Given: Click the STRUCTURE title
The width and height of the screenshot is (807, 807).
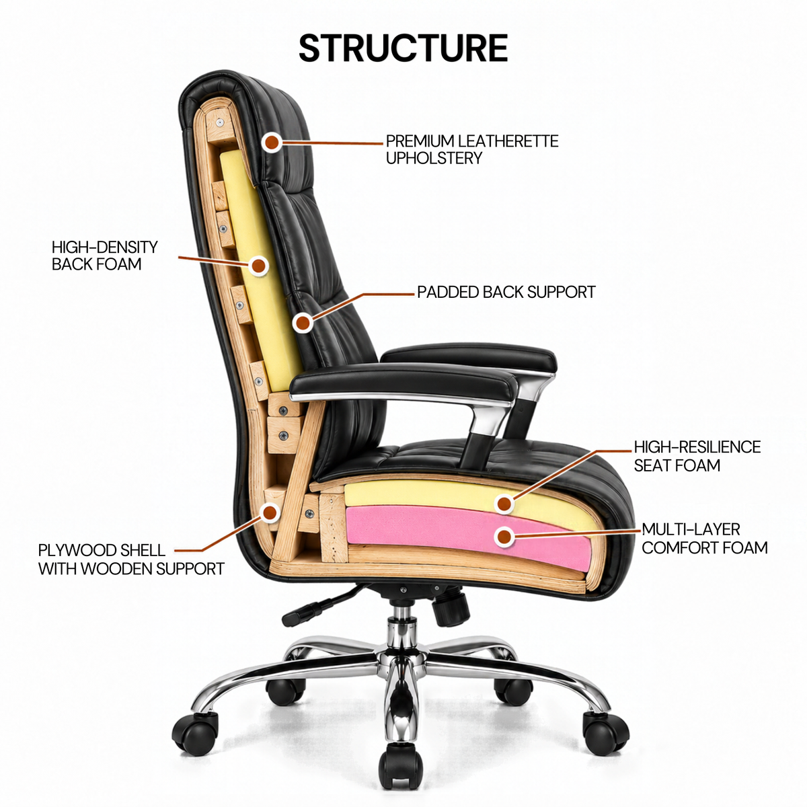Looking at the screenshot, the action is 403,48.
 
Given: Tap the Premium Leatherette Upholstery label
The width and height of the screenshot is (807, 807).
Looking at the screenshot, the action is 472,149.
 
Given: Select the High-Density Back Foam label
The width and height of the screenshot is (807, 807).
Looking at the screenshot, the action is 105,256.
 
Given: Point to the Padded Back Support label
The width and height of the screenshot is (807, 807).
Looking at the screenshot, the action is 506,292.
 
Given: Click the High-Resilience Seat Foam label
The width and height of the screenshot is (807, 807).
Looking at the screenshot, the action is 697,456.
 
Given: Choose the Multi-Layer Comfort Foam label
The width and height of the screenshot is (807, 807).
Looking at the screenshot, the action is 705,539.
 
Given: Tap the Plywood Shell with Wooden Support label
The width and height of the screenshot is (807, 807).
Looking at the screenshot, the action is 132,560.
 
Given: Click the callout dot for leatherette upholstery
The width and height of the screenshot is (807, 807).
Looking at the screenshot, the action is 272,143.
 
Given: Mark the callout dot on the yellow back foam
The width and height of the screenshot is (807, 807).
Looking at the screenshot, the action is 259,266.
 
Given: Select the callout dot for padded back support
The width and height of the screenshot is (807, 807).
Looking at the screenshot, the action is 303,323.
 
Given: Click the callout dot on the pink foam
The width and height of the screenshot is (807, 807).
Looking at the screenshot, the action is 504,536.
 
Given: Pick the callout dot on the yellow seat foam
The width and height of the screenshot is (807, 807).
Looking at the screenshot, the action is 504,504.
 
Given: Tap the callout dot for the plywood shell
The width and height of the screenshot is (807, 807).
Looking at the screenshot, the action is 270,512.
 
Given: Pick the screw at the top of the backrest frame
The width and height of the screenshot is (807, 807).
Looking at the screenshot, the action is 219,122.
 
